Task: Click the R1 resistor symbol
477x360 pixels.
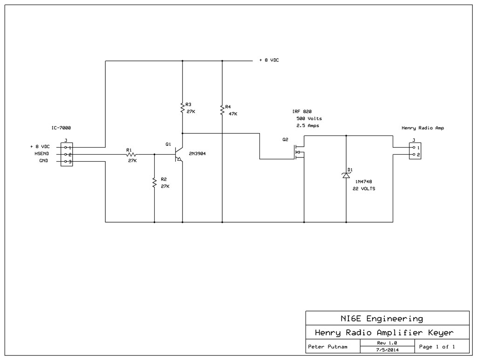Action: click(131, 155)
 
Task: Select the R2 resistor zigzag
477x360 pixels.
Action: click(154, 183)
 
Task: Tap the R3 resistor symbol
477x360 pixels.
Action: click(182, 108)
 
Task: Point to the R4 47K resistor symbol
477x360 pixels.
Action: click(222, 110)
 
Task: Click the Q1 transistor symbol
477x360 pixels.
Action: click(178, 155)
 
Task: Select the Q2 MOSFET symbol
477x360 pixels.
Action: click(300, 151)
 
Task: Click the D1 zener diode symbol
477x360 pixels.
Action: click(346, 175)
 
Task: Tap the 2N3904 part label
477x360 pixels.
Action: click(197, 154)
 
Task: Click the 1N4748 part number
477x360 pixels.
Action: click(363, 182)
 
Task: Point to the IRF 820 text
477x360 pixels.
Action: click(302, 112)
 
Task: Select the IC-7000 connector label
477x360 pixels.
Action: click(61, 128)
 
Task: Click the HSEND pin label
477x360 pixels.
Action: click(41, 154)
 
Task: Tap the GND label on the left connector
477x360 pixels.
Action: click(43, 161)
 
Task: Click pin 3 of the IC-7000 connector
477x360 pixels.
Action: click(66, 162)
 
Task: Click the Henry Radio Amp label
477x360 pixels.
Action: click(422, 128)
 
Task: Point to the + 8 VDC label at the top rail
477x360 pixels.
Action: click(269, 60)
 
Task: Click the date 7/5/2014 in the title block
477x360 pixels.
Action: click(387, 350)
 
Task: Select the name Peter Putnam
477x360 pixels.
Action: click(327, 346)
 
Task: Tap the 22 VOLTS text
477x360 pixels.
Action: click(364, 189)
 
